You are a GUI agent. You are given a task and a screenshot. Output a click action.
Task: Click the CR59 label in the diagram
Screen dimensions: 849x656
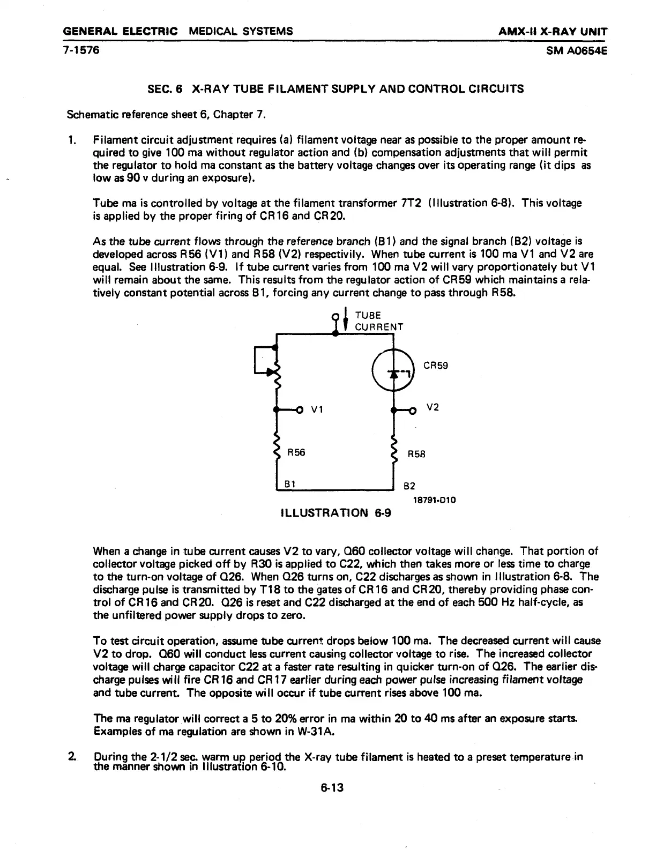(435, 366)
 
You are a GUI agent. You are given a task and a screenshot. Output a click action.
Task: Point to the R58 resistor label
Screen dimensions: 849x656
(416, 454)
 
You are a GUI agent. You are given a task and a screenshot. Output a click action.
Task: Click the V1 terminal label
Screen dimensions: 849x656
(316, 411)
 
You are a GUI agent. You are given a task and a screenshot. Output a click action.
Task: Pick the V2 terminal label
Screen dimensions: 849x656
(433, 407)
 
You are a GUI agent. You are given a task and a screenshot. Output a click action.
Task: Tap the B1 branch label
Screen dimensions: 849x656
(290, 483)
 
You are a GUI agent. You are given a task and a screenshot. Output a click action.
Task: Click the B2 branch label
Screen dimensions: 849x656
(409, 487)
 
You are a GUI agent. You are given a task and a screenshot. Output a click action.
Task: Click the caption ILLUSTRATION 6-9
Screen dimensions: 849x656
(336, 513)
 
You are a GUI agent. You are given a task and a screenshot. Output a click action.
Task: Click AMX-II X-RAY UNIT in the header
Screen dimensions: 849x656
(553, 31)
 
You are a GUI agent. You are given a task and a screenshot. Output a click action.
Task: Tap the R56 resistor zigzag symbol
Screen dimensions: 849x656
(277, 444)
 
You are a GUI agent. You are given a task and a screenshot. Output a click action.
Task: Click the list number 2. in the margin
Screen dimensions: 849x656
(71, 757)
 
